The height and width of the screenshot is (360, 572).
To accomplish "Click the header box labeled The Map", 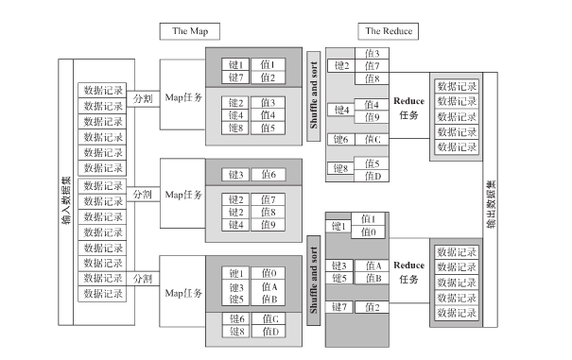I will coord(190,31).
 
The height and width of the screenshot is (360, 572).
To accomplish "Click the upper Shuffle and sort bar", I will coord(313,94).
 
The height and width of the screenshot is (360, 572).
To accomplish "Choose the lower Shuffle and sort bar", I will coord(313,274).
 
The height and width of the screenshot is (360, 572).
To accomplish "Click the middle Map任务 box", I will coord(183,194).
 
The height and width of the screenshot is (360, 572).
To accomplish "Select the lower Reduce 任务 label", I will coord(408,272).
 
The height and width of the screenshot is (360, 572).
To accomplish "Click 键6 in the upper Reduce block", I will coord(340,139).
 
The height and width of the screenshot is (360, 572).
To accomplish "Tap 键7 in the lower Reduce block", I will coord(340,307).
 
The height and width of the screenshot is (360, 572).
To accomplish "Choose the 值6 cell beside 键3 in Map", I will coord(269,175).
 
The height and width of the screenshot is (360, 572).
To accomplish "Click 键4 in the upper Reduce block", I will coord(340,111).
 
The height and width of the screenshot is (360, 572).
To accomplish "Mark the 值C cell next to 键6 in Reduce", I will coord(372,139).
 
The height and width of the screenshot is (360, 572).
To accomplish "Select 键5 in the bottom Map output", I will coord(235,300).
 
